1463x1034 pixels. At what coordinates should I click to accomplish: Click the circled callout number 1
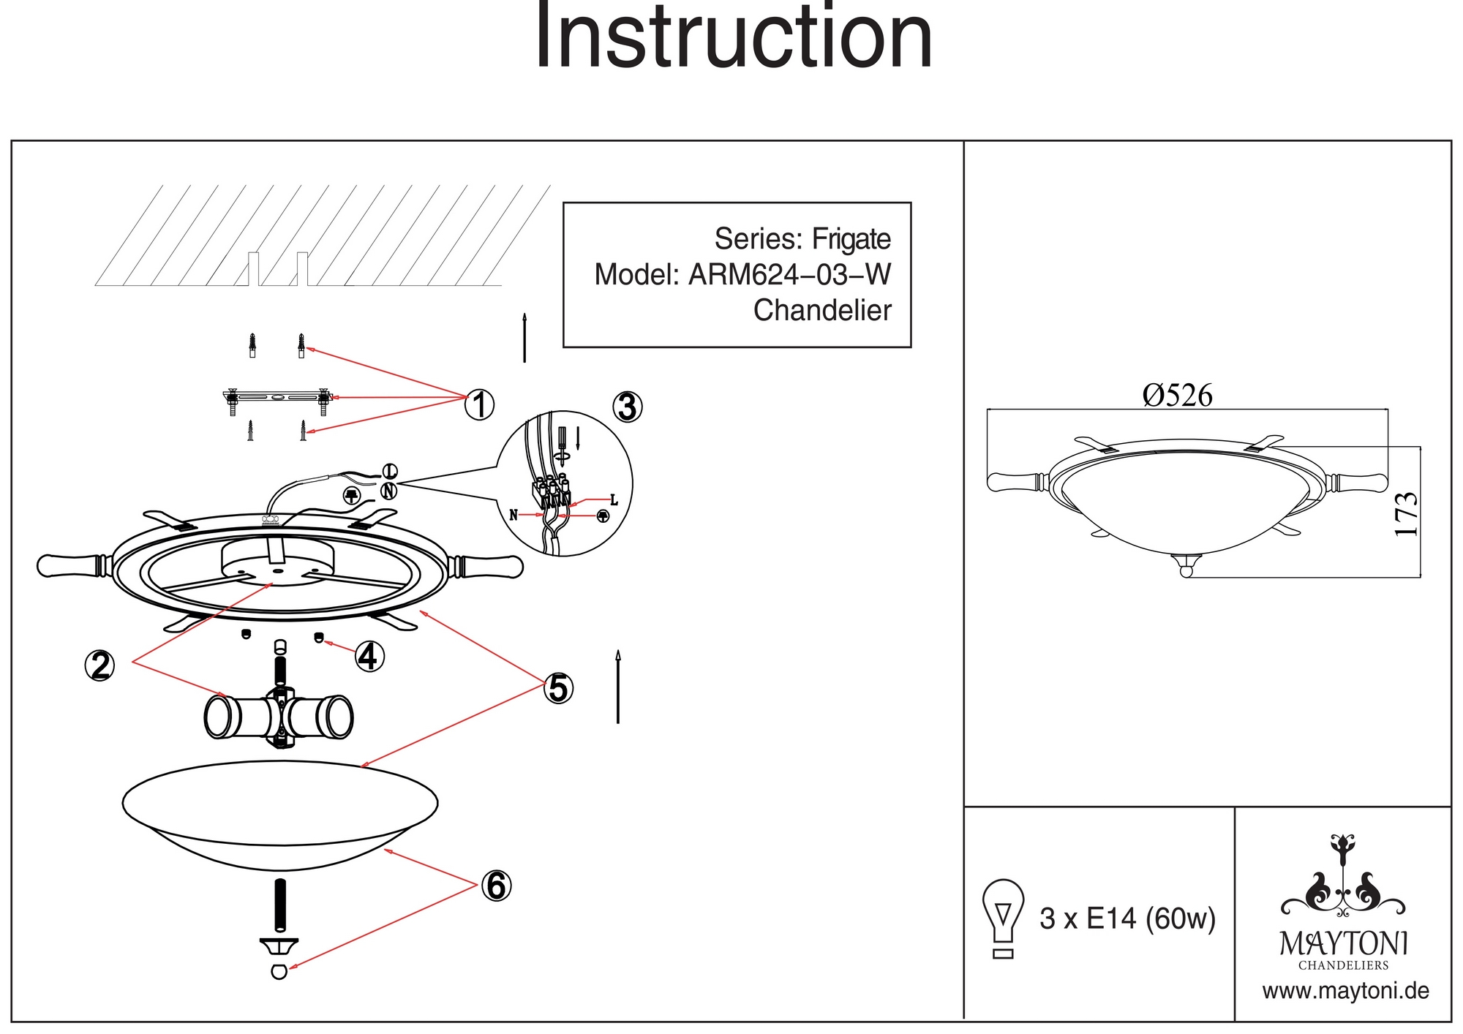(480, 404)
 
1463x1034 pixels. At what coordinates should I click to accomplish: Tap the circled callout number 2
(100, 665)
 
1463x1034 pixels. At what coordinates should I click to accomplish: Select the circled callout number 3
(627, 407)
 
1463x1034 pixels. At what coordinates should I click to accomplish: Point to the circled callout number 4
(369, 656)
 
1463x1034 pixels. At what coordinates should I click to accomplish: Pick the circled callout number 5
(558, 688)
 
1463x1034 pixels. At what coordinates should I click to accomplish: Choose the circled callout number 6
(496, 886)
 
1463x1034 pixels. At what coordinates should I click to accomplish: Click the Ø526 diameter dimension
(1177, 396)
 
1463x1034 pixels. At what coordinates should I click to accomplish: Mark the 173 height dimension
(1407, 514)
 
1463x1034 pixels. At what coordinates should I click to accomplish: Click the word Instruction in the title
(734, 37)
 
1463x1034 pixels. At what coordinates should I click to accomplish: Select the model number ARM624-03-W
(790, 275)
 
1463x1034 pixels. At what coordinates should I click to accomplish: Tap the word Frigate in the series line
(851, 239)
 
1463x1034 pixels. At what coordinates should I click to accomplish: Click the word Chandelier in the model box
(822, 311)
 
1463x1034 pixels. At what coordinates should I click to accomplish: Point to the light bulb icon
(1004, 918)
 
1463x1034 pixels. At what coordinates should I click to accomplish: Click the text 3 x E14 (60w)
(1127, 918)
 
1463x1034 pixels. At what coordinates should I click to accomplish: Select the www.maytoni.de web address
(1345, 992)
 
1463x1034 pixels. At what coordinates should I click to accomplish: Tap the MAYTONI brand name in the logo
(1344, 944)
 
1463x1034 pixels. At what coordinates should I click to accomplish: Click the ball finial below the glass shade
(279, 972)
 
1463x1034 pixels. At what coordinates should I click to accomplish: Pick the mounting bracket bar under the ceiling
(277, 397)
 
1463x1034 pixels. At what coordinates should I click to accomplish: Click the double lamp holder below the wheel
(279, 717)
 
